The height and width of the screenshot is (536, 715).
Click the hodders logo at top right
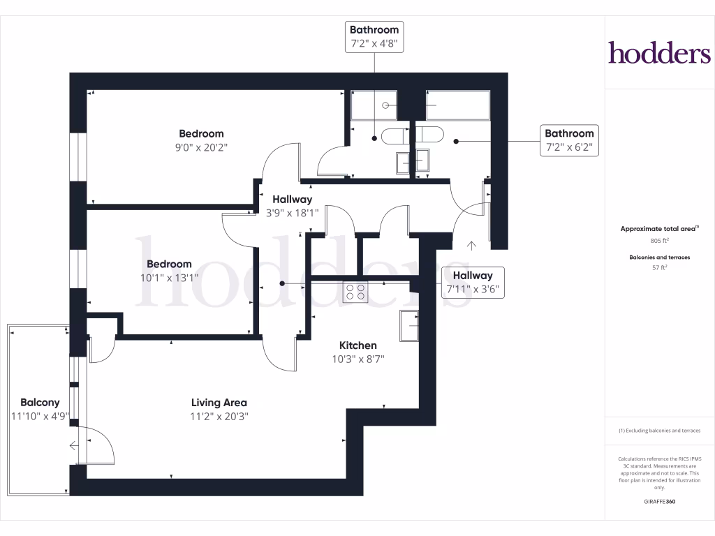coord(658,52)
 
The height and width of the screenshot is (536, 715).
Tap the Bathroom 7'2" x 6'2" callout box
coord(569,140)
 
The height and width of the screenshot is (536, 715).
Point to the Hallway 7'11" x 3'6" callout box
coord(472,282)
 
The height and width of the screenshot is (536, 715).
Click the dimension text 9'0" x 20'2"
coord(201,147)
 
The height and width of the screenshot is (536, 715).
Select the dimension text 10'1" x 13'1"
coord(169,277)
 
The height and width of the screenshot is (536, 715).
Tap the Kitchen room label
coord(357,345)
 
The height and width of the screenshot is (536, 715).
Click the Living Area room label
coord(219,403)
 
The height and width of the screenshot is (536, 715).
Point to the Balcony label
coord(40,403)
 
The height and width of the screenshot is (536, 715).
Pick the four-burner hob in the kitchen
coord(355,292)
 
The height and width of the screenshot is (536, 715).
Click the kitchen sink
coord(409,326)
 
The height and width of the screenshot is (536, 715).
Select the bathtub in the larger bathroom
coord(457,105)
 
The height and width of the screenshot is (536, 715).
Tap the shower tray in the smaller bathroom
coord(374,105)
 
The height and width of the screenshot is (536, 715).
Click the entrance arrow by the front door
coord(471,245)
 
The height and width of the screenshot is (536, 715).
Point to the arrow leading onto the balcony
coord(74,447)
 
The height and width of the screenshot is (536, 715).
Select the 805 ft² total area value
coord(659,241)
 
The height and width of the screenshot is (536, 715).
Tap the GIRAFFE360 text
coord(659,502)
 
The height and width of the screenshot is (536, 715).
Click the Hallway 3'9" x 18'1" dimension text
coord(292,213)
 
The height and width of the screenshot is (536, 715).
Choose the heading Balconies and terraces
coord(659,257)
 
